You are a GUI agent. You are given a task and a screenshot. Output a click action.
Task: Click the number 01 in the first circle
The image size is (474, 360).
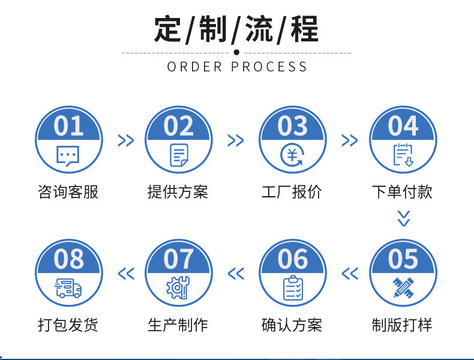point(68,127)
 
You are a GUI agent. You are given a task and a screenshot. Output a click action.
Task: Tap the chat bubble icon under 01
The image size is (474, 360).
point(68,156)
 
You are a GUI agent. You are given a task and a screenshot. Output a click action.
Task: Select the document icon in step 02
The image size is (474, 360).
point(179,155)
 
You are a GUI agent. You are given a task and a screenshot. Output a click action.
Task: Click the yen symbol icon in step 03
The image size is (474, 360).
point(292,156)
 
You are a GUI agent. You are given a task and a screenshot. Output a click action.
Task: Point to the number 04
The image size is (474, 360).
point(403,127)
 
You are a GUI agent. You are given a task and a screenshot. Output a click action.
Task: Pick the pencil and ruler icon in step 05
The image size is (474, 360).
point(403,289)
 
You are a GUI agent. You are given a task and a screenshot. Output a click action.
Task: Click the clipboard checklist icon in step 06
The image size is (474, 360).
point(293,289)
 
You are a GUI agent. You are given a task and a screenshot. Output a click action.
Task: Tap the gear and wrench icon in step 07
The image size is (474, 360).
point(178,289)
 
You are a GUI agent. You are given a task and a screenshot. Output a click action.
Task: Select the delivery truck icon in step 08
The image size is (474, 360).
point(68,289)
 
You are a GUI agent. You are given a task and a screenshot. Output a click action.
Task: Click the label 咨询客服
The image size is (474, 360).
point(68,192)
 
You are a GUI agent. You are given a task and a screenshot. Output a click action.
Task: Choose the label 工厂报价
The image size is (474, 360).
point(292,192)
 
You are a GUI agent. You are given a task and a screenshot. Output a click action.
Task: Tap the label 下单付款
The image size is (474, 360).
point(403,192)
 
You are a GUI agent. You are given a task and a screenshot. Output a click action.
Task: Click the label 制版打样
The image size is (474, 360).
point(403,325)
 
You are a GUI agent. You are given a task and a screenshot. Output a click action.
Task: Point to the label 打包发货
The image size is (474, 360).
point(68,325)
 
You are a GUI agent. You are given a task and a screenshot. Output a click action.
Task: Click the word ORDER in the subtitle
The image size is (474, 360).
point(195,67)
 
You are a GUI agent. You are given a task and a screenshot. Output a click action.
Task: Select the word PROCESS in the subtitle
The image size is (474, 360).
point(269,67)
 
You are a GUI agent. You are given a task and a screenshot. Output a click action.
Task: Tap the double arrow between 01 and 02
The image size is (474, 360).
point(125,141)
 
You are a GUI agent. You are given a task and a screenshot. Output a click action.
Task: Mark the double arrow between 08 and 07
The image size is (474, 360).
point(125,274)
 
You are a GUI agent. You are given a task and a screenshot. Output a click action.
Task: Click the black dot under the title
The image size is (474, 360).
point(236,52)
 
